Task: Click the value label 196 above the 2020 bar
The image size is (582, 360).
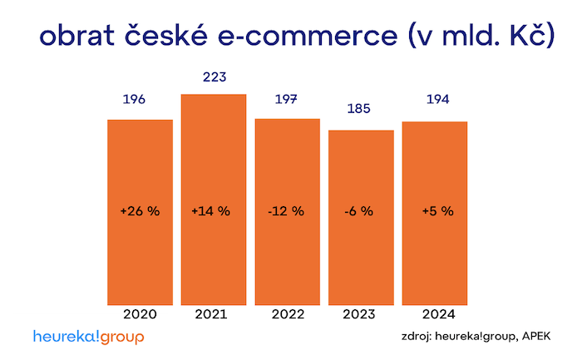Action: pos(134,100)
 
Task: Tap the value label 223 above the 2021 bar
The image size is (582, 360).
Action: pos(214,77)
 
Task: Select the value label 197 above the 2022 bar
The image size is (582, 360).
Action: pos(287,100)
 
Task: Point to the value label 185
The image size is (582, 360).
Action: pos(360,109)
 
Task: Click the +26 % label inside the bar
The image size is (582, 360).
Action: pos(140,211)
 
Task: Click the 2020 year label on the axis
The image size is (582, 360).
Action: pos(140,315)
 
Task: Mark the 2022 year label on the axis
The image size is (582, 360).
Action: pos(288,315)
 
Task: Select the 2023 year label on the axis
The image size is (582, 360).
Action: pos(360,315)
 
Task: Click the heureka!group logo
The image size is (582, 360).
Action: pos(89,337)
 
